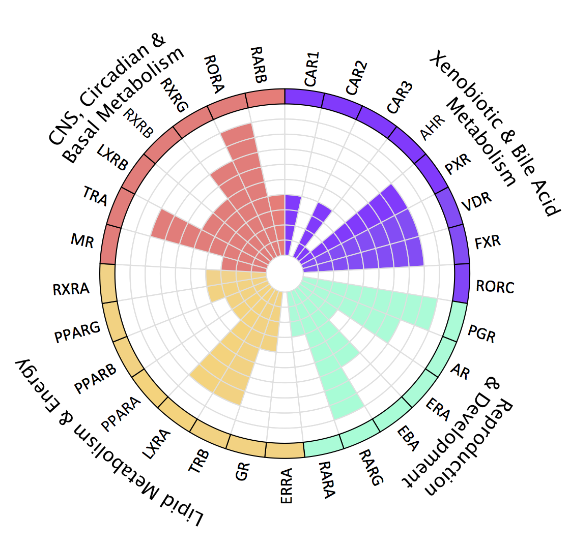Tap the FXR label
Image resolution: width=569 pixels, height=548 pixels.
tap(488, 241)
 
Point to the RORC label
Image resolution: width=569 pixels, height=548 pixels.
tap(495, 287)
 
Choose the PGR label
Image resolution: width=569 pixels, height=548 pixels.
tap(481, 333)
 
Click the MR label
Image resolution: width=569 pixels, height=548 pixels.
tap(82, 240)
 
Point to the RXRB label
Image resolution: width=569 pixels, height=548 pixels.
tap(139, 123)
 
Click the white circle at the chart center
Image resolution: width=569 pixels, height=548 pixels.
tap(284, 275)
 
